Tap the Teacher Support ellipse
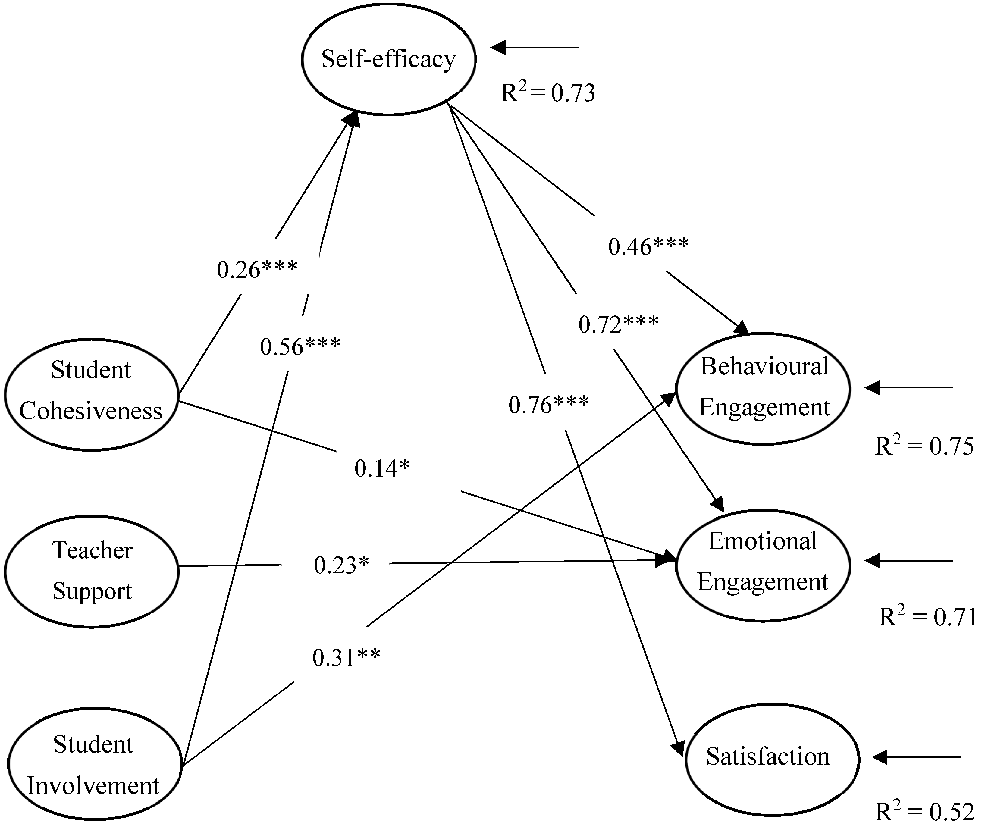92,571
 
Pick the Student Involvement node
94,765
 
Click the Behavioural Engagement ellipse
763,388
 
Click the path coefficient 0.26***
256,270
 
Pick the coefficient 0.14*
382,468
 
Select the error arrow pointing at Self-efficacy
535,47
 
